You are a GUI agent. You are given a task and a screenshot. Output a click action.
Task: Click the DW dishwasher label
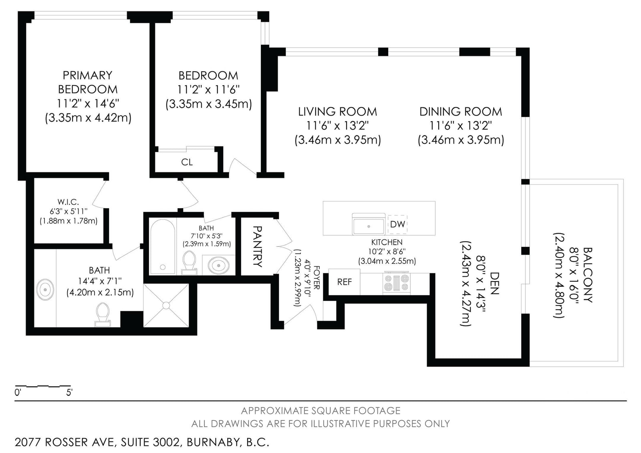397,224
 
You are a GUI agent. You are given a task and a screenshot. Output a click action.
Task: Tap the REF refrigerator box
344,282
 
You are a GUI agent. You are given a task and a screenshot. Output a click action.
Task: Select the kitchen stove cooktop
397,282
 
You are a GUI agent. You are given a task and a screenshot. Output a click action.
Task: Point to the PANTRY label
258,246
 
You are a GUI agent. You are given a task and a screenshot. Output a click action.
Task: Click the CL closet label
187,162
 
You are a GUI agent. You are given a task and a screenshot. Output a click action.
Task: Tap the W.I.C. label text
68,202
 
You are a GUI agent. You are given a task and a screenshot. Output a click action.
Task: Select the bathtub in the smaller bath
163,246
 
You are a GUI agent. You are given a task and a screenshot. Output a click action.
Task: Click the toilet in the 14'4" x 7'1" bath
103,314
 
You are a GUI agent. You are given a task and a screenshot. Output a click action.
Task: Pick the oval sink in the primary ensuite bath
45,290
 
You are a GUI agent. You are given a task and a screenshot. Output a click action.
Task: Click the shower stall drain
166,305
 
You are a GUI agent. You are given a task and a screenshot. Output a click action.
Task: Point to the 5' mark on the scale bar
70,393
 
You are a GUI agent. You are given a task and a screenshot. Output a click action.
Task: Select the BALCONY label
587,275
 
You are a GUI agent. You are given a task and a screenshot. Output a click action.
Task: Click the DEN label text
494,283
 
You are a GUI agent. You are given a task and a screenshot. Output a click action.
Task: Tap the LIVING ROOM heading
338,112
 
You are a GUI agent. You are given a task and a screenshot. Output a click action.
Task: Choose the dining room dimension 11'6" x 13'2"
461,126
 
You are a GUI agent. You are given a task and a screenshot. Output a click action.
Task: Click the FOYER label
317,278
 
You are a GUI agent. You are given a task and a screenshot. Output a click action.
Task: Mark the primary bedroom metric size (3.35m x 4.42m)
88,118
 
